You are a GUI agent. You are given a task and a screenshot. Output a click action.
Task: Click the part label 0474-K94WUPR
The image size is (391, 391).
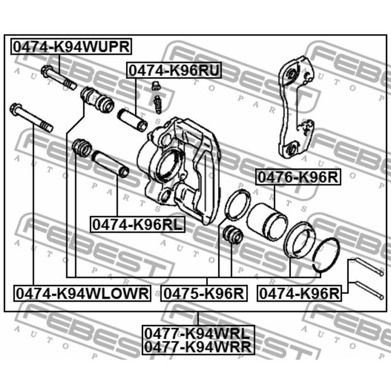coord(71,46)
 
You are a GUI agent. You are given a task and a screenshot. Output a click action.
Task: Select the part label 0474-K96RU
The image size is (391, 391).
coord(174,70)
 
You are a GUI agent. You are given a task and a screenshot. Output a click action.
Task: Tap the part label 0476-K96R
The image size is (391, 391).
coord(298,178)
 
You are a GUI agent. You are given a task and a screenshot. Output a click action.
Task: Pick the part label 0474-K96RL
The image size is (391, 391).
coord(137,225)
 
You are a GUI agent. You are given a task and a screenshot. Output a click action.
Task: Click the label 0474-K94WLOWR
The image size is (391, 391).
coord(82,293)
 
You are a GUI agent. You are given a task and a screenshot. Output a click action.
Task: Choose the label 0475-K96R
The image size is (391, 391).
coord(204,293)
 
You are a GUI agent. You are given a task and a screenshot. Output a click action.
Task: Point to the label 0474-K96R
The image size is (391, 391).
coord(299,293)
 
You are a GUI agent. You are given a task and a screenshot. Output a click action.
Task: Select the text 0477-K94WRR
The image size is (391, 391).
coord(198,347)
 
